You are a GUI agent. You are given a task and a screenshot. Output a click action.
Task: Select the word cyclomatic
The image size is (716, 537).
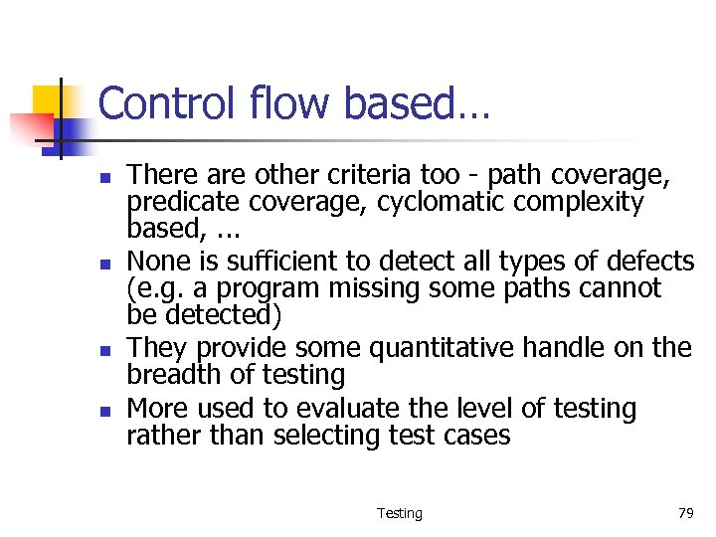[x=431, y=203]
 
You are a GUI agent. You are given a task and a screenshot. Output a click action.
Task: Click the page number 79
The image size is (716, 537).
[x=685, y=513]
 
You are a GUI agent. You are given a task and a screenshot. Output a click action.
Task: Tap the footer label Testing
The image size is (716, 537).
[x=400, y=513]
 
